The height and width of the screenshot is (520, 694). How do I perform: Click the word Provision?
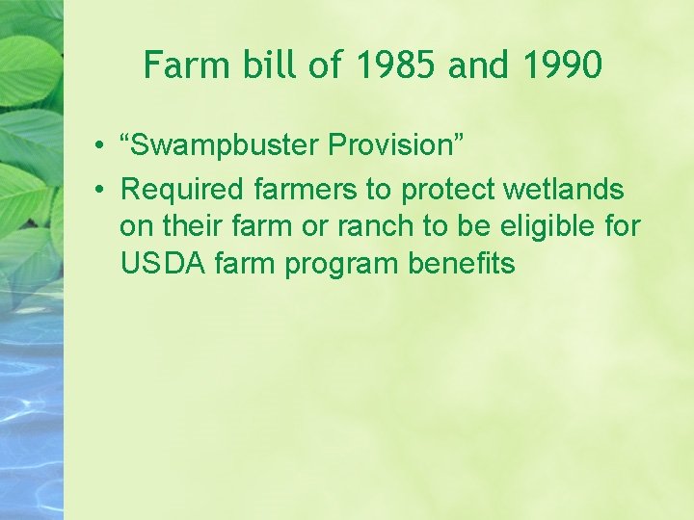396,145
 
